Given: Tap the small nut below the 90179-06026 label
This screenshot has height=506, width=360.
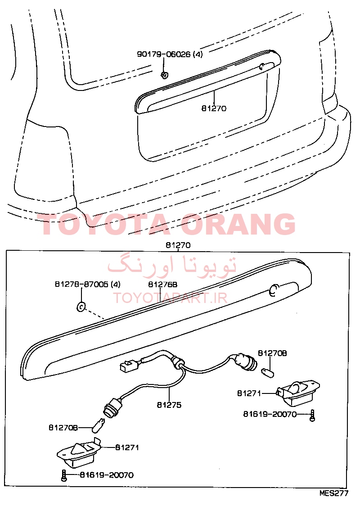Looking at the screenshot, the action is coord(165,75).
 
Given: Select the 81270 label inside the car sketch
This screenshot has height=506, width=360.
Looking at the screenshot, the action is coord(214,108).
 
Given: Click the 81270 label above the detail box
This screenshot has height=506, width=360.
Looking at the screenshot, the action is coord(178,245).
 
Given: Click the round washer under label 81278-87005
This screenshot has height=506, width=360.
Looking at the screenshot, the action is coord(81,307).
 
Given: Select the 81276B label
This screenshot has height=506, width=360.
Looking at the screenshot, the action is coord(162,285).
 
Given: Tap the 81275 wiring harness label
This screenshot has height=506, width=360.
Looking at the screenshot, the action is coord(169,405).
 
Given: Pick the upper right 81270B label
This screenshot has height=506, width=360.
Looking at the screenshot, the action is coord(272,353).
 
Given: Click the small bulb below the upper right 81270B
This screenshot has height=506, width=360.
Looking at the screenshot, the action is coord(268,372).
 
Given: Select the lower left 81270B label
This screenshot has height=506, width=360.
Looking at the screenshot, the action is coord(63,428).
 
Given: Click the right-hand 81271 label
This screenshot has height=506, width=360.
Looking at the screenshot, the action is coord(249,393).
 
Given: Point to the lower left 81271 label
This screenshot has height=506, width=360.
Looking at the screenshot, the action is coord(127,447).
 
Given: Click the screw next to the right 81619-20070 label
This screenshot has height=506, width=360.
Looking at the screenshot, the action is coord(312,416).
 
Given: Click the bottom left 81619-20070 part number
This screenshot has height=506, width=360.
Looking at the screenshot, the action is coord(107,475).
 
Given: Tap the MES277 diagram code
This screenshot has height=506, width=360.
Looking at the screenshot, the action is coord(334,493).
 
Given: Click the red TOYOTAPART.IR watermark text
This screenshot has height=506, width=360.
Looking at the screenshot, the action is coord(171,298).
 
